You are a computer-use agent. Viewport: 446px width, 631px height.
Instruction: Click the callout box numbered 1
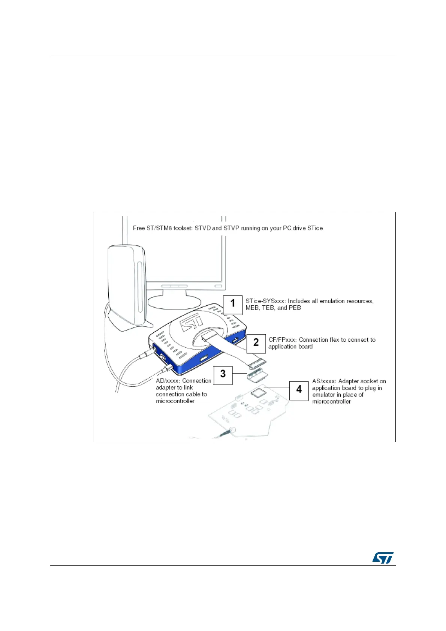[233, 304]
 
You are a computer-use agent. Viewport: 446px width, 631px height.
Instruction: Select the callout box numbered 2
[256, 343]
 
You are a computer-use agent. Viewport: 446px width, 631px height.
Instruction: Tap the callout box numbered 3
[223, 375]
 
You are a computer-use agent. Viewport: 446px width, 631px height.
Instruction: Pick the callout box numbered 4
[299, 390]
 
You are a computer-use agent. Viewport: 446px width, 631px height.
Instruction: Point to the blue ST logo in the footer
[383, 558]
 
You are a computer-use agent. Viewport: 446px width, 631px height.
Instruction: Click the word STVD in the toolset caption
[203, 228]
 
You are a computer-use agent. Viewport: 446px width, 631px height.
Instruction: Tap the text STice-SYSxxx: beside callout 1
[265, 301]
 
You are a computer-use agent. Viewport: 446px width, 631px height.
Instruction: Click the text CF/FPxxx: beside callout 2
[283, 340]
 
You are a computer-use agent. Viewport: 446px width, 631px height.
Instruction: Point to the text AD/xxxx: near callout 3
[168, 381]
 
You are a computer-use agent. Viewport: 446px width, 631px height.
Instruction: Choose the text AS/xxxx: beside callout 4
[324, 381]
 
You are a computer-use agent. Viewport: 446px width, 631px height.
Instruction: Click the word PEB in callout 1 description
[295, 308]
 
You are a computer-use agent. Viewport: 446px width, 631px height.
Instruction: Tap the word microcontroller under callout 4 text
[331, 402]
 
